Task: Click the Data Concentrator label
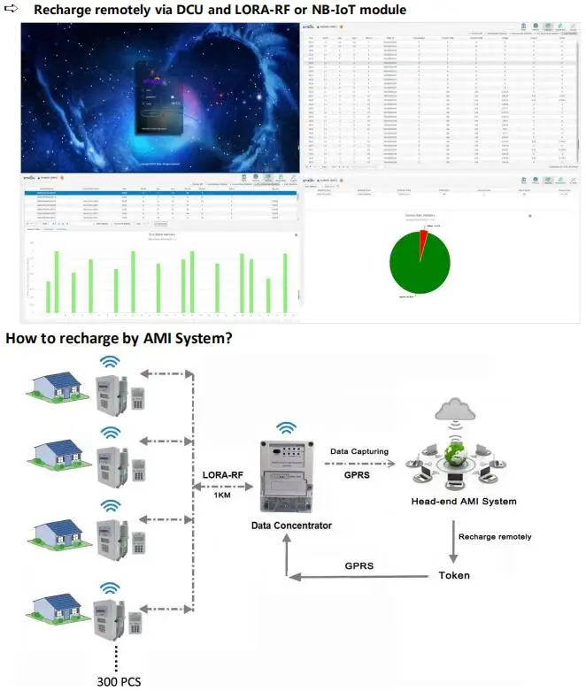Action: (x=291, y=525)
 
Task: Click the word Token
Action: (x=454, y=574)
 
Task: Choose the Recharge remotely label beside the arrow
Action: (x=495, y=536)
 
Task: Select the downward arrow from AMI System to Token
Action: (x=453, y=537)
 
